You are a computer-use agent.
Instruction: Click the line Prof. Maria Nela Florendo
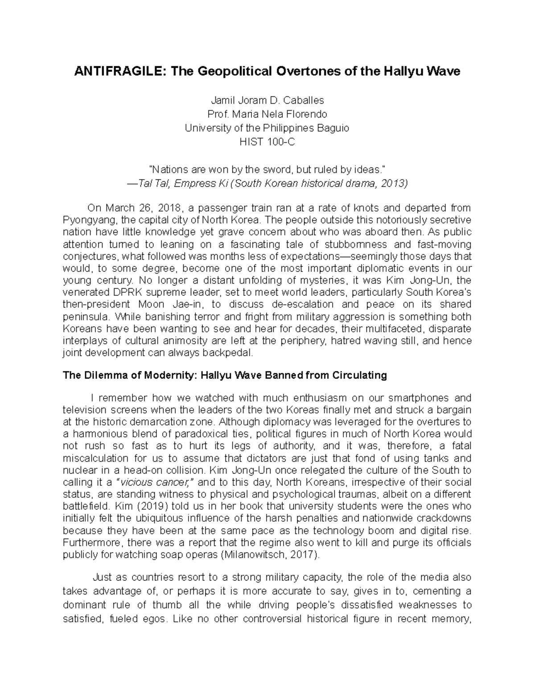(x=267, y=114)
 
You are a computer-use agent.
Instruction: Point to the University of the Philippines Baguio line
(x=267, y=128)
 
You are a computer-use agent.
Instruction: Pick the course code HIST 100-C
(x=267, y=142)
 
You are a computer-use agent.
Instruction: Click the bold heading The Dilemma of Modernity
(x=129, y=375)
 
